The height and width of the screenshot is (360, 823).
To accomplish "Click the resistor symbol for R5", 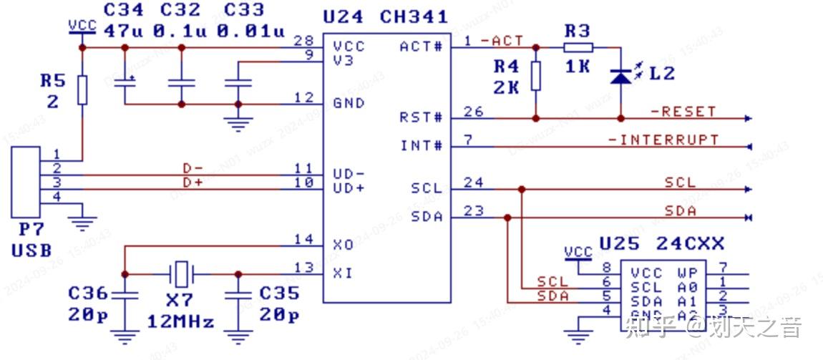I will pos(82,89).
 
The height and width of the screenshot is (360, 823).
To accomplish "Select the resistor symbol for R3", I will pos(578,47).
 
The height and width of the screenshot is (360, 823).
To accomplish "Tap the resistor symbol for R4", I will pos(535,76).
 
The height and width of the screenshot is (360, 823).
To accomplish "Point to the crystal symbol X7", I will pos(182,273).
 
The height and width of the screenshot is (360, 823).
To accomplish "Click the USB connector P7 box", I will pos(25,183).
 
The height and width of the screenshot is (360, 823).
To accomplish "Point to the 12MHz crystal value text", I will pos(180,322).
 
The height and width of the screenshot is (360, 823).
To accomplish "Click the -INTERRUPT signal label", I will pos(663,140).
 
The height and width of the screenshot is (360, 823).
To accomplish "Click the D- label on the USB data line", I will pos(193,168).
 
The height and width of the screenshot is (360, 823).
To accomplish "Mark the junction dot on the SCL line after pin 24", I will pos(522,190).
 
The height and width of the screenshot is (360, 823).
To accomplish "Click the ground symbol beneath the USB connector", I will pos(84,223).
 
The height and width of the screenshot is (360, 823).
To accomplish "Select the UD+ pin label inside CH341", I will pos(349,188).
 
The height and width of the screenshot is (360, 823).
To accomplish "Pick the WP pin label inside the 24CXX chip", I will pos(686,273).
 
